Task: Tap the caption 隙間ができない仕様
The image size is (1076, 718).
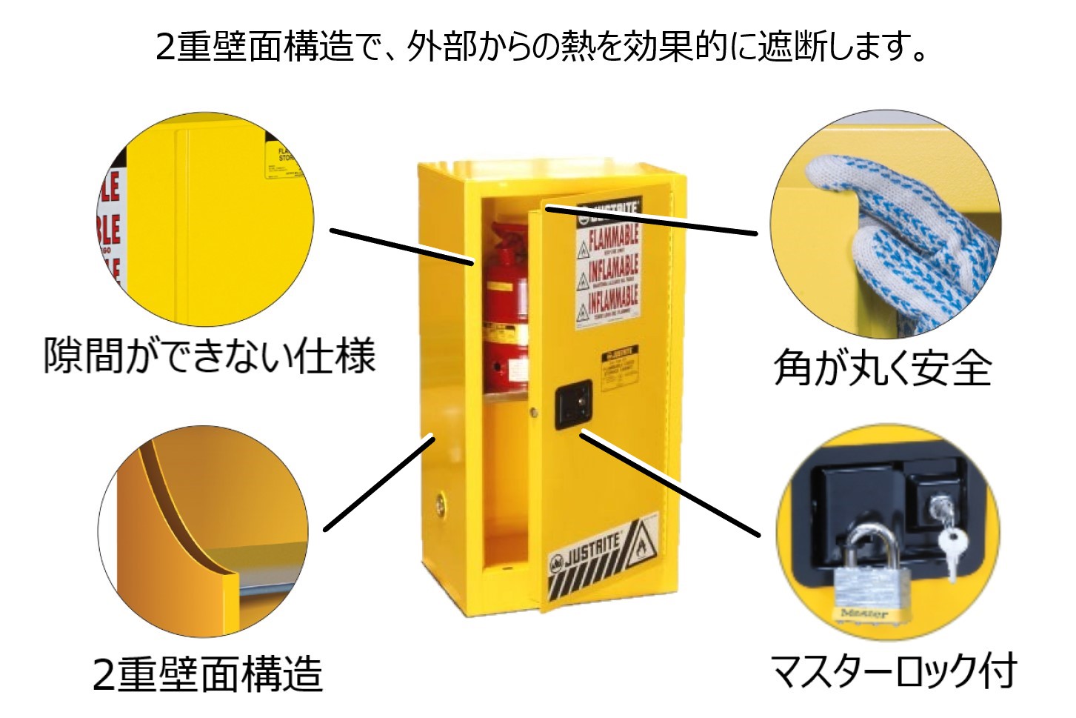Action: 210,356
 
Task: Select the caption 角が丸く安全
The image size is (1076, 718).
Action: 882,367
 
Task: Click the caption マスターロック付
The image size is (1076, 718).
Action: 894,671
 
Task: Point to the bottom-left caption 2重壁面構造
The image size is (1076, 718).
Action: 208,674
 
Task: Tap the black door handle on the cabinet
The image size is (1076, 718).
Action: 574,403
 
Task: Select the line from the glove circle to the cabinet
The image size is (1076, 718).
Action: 652,221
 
